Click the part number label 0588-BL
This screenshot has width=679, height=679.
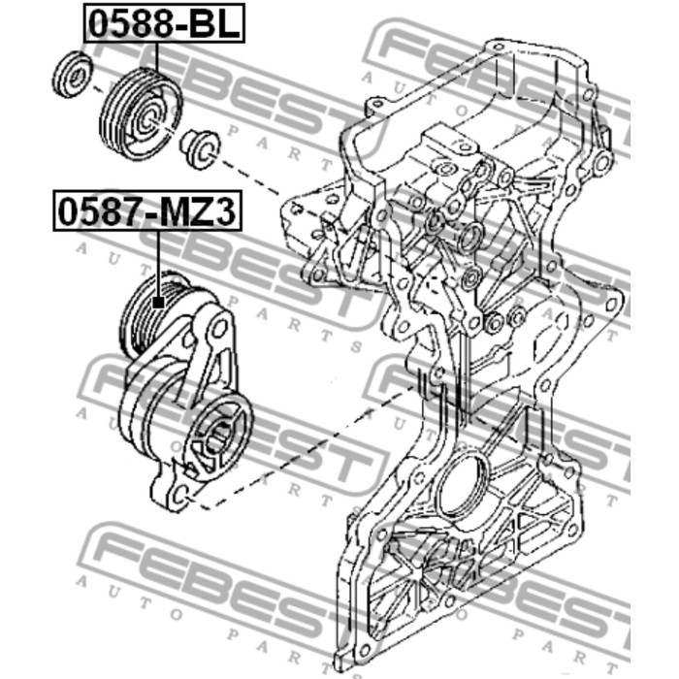tap(164, 23)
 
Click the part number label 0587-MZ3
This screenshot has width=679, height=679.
tap(147, 210)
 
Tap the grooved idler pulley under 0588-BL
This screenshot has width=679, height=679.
tap(141, 114)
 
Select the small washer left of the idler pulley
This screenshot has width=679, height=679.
tap(73, 74)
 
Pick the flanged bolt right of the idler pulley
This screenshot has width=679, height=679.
tap(201, 149)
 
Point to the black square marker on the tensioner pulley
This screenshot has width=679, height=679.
tap(159, 302)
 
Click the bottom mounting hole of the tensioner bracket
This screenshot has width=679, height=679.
tap(182, 494)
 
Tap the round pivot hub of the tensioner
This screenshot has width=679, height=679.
tap(218, 436)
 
